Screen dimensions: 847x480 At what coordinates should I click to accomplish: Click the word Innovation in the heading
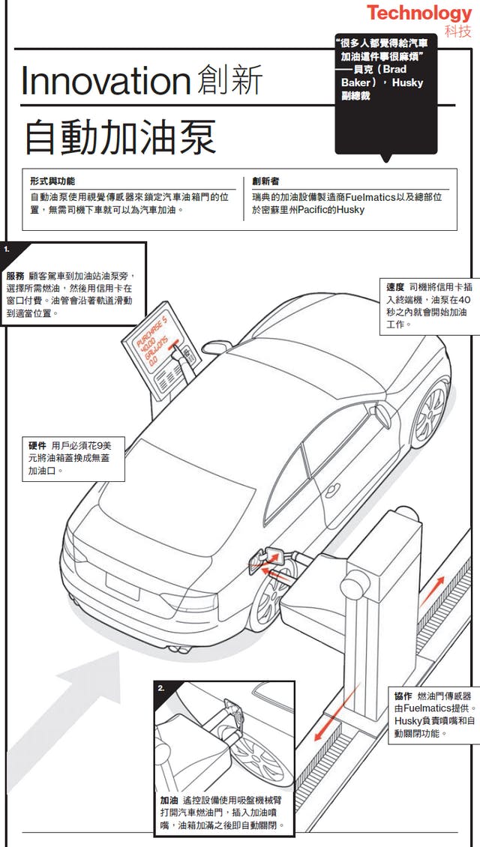(104, 81)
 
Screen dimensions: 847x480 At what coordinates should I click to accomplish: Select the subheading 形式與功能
(52, 181)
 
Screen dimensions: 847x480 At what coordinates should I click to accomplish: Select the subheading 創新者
(266, 181)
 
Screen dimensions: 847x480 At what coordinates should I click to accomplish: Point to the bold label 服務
(15, 275)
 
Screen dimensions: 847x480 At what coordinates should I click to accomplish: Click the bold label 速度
(395, 287)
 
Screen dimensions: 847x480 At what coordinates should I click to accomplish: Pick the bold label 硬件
(37, 446)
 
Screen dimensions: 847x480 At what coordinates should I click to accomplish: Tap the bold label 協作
(403, 696)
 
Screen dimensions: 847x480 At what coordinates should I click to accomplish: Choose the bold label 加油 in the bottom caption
(169, 801)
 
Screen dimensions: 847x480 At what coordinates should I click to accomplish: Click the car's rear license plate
(121, 585)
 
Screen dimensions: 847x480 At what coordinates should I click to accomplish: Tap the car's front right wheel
(430, 406)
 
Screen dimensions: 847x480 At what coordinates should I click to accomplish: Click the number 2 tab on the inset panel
(162, 687)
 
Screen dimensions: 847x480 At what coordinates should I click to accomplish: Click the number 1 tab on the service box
(7, 248)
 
